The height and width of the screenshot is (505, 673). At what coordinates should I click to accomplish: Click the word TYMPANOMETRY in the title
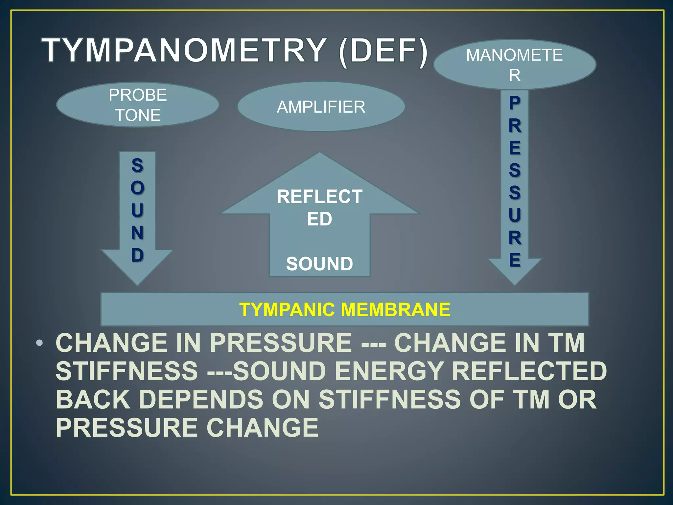click(x=184, y=51)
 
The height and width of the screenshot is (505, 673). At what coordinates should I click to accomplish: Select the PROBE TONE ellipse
click(x=138, y=105)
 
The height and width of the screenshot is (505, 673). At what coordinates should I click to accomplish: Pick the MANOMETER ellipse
click(x=515, y=64)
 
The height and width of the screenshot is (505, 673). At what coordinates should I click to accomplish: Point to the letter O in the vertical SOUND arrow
click(x=138, y=188)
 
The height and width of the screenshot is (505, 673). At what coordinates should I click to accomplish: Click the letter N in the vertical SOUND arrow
click(x=138, y=233)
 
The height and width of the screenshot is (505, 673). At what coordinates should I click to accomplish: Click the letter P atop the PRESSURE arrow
click(x=515, y=103)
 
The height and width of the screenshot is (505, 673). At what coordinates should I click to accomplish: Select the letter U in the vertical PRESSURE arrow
click(x=515, y=215)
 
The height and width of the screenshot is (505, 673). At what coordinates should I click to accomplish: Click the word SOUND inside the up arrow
click(x=319, y=264)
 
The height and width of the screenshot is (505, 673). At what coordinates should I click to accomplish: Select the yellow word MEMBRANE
click(x=395, y=310)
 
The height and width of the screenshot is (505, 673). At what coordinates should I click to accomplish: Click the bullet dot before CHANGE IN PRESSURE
click(x=39, y=343)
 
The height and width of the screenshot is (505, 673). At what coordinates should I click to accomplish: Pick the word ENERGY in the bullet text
click(x=389, y=371)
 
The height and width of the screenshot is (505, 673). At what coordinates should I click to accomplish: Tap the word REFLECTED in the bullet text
click(x=529, y=371)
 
